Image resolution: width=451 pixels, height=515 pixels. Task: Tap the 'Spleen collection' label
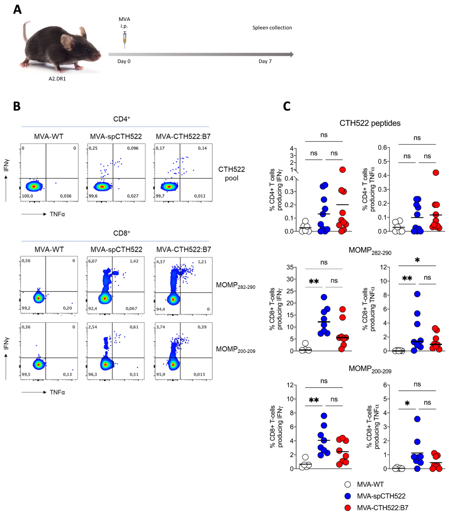(x=272, y=28)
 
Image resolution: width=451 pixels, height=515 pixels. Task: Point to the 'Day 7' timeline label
(x=265, y=61)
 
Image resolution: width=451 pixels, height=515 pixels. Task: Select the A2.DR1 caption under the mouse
(x=57, y=79)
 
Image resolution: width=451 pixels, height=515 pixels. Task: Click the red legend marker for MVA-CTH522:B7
(x=348, y=508)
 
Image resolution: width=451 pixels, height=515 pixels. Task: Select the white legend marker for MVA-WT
(x=348, y=484)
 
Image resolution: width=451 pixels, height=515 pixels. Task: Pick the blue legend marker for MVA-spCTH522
(x=348, y=496)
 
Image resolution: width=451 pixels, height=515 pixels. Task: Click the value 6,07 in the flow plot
(x=93, y=261)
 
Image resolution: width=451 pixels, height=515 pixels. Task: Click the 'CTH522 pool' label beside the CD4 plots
(x=231, y=174)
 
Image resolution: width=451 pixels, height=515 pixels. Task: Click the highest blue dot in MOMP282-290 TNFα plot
(x=417, y=294)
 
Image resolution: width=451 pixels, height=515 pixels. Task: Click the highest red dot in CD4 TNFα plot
(x=436, y=173)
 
